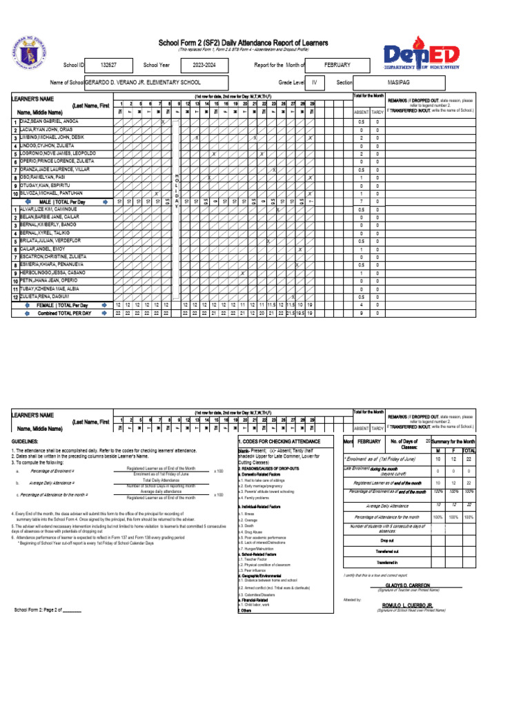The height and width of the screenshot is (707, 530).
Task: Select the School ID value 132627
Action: [x=108, y=65]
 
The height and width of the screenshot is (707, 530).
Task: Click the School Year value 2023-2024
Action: [x=205, y=65]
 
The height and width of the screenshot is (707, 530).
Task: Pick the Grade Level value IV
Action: [x=314, y=82]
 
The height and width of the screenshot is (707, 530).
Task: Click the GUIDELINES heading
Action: [x=26, y=440]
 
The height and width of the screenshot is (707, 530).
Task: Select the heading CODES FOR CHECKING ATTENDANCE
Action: [x=279, y=441]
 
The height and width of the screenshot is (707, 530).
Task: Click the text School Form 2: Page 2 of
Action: [x=48, y=610]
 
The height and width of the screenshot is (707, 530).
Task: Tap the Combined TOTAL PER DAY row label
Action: [x=64, y=313]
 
